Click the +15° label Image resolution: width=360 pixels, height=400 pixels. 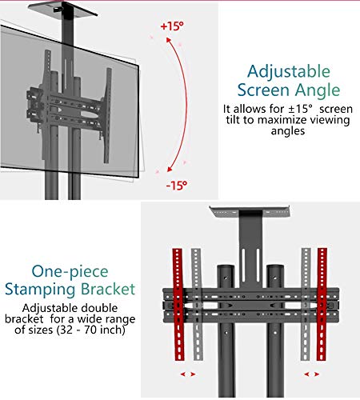point(172,26)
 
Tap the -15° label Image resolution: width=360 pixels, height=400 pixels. point(177,186)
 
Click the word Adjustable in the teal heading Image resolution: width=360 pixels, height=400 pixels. point(289,73)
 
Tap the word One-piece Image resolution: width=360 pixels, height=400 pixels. point(70,272)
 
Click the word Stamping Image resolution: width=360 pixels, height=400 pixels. point(40,290)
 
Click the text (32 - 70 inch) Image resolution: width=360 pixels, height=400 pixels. point(91,330)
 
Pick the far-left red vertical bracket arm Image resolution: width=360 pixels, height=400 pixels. point(178,305)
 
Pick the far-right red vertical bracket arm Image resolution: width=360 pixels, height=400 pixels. point(322,305)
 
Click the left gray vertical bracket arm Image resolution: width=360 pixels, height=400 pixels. point(197,305)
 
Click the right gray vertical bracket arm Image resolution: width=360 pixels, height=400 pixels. point(306,305)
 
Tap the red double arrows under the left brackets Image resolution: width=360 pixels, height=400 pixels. point(188,374)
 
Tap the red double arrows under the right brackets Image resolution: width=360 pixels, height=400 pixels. point(312,374)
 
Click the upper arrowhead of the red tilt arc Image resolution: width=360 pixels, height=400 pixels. point(169,40)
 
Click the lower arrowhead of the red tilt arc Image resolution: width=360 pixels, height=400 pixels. point(169,169)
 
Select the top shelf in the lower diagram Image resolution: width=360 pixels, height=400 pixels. point(250,211)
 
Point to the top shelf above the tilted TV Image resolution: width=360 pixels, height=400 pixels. point(63,8)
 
